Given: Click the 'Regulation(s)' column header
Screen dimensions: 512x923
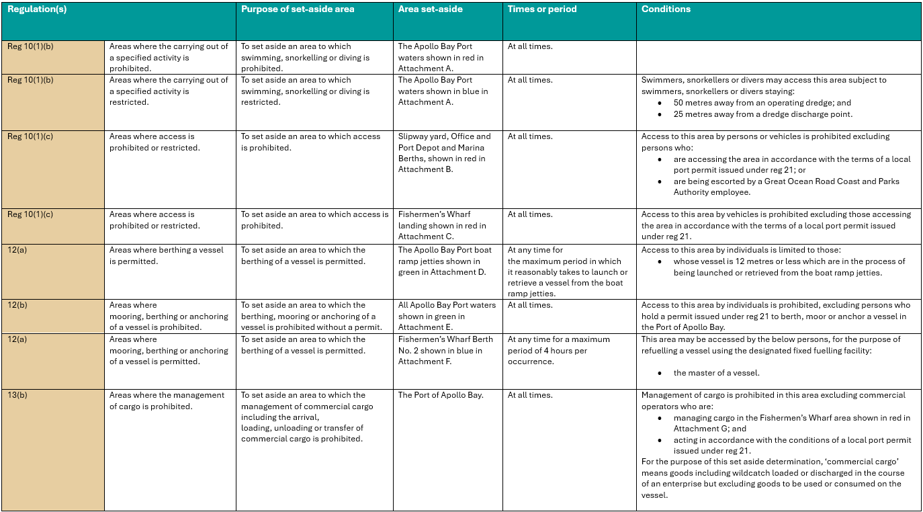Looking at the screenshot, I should [37, 9].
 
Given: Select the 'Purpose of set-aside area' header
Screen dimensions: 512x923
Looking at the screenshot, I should [298, 9].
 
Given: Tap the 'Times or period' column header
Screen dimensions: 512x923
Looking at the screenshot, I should [542, 9].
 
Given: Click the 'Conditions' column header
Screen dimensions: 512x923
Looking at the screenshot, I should [666, 9].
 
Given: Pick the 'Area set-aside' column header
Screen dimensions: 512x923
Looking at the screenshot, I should [430, 9].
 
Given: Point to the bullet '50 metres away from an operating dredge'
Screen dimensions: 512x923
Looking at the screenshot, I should [752, 103].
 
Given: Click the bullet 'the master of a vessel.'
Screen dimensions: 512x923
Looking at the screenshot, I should [717, 373].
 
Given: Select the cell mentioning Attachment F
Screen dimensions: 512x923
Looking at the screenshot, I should [445, 350].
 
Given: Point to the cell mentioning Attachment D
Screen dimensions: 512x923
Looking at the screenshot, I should [445, 261].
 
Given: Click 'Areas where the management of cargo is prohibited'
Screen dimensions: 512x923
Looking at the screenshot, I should [167, 400].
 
